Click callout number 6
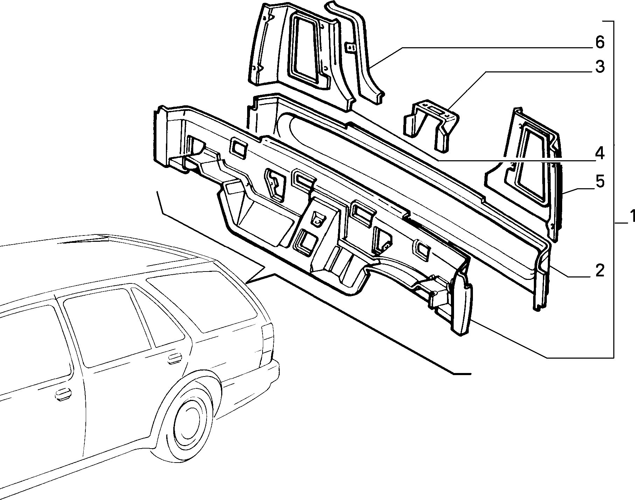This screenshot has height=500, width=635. tap(600, 42)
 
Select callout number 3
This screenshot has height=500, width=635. tap(600, 66)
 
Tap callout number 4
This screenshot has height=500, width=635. tap(600, 153)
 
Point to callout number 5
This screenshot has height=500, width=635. tap(600, 182)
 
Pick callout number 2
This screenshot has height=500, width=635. tap(600, 270)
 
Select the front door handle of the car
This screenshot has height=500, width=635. tap(63, 393)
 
